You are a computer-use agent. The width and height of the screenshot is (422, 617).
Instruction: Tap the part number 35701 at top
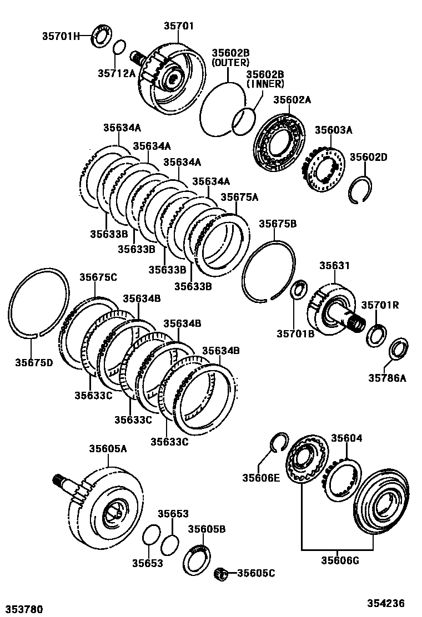[x=179, y=26]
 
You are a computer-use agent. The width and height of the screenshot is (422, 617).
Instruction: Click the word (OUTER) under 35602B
[x=230, y=63]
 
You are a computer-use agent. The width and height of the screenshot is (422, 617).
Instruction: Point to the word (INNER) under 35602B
[x=265, y=84]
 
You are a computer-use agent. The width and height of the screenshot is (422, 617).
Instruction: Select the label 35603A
[x=334, y=130]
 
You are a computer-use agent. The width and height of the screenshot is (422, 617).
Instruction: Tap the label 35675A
[x=239, y=197]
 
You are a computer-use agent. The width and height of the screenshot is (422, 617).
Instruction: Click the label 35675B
[x=278, y=224]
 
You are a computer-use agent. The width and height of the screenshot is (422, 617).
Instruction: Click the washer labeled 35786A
[x=398, y=349]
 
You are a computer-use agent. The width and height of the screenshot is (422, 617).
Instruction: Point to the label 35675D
[x=34, y=363]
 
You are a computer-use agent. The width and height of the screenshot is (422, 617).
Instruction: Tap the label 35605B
[x=207, y=529]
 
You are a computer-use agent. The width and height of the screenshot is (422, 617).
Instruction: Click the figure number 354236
[x=385, y=604]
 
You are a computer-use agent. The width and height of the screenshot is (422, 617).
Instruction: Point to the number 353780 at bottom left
[x=23, y=609]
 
